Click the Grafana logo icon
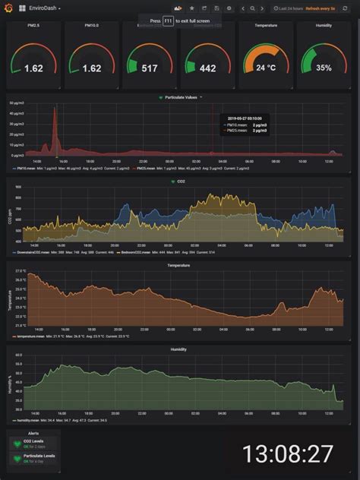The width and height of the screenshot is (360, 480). pos(11,8)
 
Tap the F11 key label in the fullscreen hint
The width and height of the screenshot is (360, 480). pos(169,21)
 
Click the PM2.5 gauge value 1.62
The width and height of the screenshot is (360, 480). pos(33,68)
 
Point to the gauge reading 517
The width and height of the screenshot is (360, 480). pos(149,68)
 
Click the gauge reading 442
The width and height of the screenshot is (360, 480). pos(207,68)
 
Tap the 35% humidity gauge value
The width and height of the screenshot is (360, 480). pos(324,68)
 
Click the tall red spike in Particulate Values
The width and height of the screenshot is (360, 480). pos(54,125)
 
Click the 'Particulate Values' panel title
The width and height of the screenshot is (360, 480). pos(182,97)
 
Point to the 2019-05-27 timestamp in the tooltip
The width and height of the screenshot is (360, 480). pos(245,118)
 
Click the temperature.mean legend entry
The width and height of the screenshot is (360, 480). pos(30,336)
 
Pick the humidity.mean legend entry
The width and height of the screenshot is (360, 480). pos(27,419)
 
